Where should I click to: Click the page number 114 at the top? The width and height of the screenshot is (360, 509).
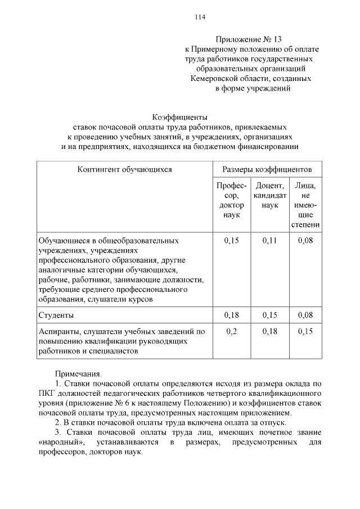tap(200, 17)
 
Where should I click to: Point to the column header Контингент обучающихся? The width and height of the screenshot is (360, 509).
tap(125, 169)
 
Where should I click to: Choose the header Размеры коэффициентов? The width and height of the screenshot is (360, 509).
tap(267, 169)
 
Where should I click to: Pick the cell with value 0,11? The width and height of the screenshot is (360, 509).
tap(270, 241)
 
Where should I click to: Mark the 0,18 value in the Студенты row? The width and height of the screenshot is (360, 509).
tap(231, 315)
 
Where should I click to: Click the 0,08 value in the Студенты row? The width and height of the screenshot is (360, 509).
tap(305, 315)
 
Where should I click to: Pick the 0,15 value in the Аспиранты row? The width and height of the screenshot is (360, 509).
tap(305, 331)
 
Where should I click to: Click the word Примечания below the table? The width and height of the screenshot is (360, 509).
tap(79, 373)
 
